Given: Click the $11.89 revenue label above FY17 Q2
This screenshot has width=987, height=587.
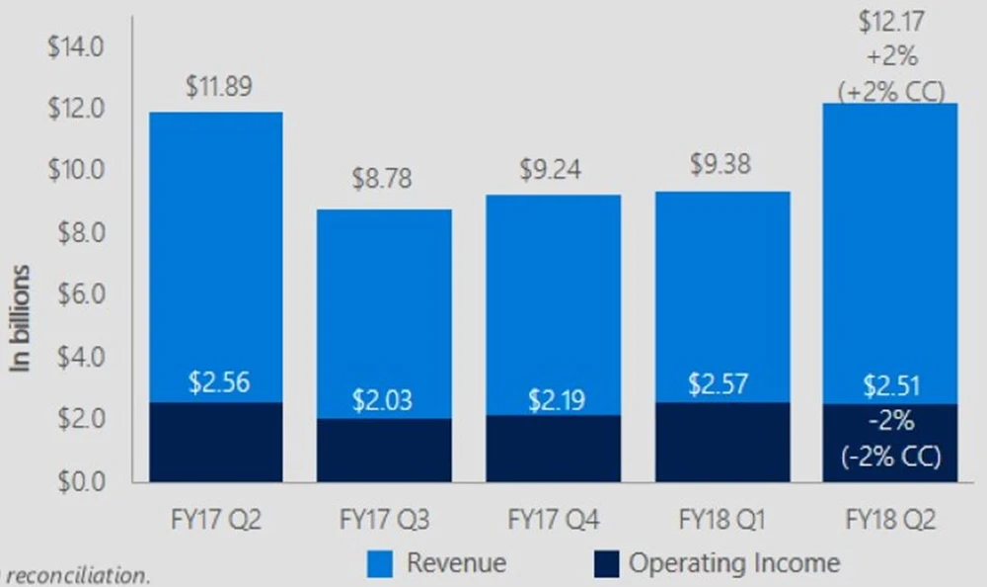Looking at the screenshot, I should pyautogui.click(x=218, y=87).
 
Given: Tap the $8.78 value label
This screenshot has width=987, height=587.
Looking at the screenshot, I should pyautogui.click(x=383, y=179).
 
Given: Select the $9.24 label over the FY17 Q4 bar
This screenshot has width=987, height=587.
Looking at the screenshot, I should pyautogui.click(x=551, y=170).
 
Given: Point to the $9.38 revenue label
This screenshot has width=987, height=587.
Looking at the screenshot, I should pyautogui.click(x=720, y=165).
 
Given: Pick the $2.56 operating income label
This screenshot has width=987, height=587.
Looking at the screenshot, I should pyautogui.click(x=219, y=381).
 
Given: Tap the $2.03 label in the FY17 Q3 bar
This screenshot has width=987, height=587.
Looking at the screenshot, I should pyautogui.click(x=383, y=401).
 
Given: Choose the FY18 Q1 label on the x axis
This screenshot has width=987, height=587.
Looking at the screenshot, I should pyautogui.click(x=722, y=519).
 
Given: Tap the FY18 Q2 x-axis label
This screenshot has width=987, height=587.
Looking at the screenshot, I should pyautogui.click(x=891, y=519).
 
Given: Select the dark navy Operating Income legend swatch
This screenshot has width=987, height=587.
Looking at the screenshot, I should pyautogui.click(x=608, y=564).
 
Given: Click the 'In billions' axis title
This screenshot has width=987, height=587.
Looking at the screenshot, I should pyautogui.click(x=22, y=317).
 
